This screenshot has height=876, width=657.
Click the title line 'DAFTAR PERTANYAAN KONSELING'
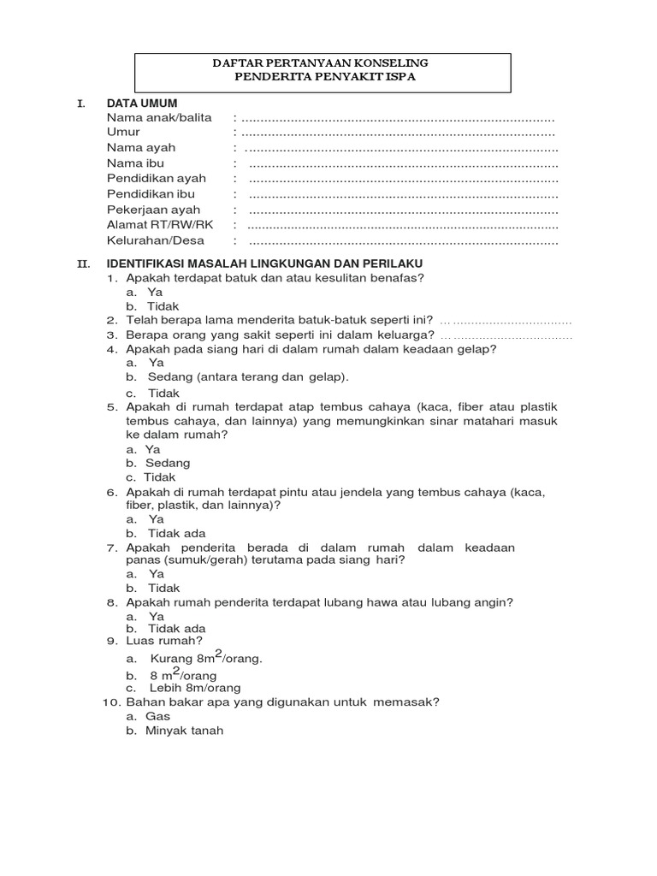click(320, 63)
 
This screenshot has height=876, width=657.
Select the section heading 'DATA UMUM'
click(142, 103)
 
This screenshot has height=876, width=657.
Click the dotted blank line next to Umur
click(398, 133)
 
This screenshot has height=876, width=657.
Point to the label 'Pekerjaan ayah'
click(154, 210)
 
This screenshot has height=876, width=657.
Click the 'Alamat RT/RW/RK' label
click(160, 225)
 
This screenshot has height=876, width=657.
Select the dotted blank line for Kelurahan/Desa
click(403, 241)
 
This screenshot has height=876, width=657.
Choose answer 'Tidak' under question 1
click(163, 306)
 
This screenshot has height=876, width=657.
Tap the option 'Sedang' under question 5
click(168, 463)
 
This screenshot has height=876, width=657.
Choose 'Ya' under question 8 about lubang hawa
click(156, 616)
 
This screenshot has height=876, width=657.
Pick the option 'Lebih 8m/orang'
click(195, 688)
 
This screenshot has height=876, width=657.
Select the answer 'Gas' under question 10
click(157, 716)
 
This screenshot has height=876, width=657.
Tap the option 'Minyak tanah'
click(184, 731)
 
